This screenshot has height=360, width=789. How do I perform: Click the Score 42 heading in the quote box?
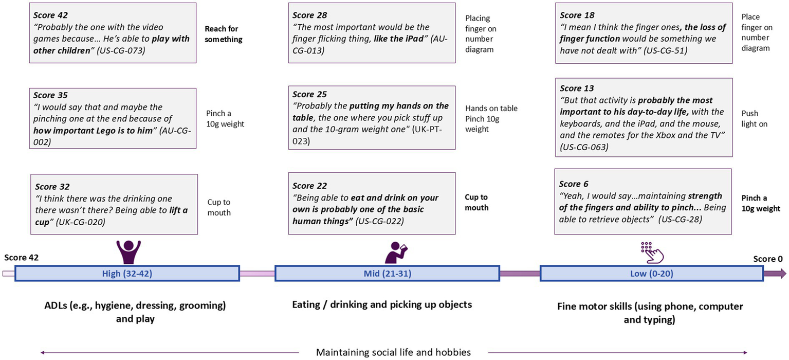click(x=50, y=15)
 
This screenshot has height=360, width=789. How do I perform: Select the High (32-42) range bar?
click(x=127, y=274)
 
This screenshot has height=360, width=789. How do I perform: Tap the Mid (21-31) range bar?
click(x=387, y=274)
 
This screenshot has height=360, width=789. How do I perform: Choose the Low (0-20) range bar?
click(x=651, y=274)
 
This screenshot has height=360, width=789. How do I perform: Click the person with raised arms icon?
click(x=128, y=251)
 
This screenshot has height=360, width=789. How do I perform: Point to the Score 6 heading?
click(x=574, y=184)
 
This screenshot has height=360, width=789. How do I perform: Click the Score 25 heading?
click(x=309, y=95)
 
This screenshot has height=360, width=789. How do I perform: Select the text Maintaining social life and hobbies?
click(x=393, y=352)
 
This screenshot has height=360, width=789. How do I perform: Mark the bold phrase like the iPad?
click(x=401, y=39)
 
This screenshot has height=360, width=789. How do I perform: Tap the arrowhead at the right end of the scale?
click(x=783, y=274)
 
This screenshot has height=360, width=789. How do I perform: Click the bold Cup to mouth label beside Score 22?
click(x=476, y=202)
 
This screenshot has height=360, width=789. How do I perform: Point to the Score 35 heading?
click(x=50, y=95)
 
